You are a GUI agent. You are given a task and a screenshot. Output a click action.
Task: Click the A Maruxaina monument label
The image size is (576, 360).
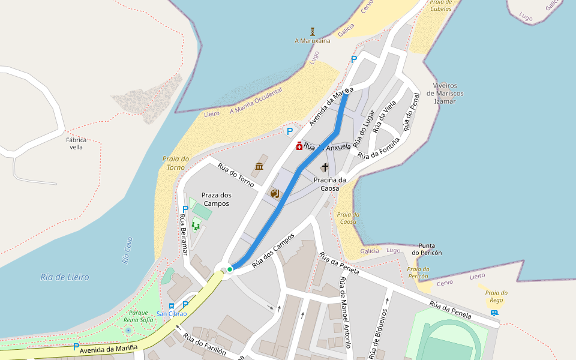pyautogui.click(x=312, y=41)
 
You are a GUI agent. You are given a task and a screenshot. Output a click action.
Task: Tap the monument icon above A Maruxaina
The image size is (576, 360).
pyautogui.click(x=313, y=31)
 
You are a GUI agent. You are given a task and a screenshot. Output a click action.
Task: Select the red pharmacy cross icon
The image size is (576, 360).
pyautogui.click(x=299, y=146)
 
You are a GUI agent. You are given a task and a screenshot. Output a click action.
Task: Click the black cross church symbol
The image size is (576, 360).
pyautogui.click(x=325, y=167)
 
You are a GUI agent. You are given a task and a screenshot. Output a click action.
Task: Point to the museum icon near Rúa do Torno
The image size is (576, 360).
pyautogui.click(x=259, y=166)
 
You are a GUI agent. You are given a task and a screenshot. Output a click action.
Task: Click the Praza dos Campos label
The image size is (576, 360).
pyautogui.click(x=216, y=199)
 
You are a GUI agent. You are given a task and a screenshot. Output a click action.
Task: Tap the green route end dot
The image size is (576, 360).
pyautogui.click(x=230, y=269)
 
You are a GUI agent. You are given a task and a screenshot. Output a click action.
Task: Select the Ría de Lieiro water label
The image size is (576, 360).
pyautogui.click(x=65, y=277)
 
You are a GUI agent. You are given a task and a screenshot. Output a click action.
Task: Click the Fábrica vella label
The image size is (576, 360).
pyautogui.click(x=76, y=143)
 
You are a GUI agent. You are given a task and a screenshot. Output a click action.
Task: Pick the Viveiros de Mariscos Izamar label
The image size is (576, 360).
pyautogui.click(x=445, y=94)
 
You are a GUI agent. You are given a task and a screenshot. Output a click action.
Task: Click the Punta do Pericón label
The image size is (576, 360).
pyautogui.click(x=430, y=249)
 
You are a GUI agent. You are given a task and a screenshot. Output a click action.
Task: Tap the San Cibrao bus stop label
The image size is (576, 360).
pyautogui.click(x=172, y=314)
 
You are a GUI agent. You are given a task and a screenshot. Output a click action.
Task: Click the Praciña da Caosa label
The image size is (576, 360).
pyautogui.click(x=330, y=184)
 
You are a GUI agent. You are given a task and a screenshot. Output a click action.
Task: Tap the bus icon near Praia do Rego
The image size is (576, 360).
pyautogui.click(x=494, y=313)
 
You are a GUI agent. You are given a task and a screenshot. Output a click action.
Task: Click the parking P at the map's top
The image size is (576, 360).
pyautogui.click(x=353, y=59)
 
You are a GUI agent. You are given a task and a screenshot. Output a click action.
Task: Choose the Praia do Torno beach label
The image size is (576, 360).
pyautogui.click(x=176, y=163)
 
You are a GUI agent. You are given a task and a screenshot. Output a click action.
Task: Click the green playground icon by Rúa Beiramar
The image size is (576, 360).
pyautogui.click(x=196, y=225)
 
